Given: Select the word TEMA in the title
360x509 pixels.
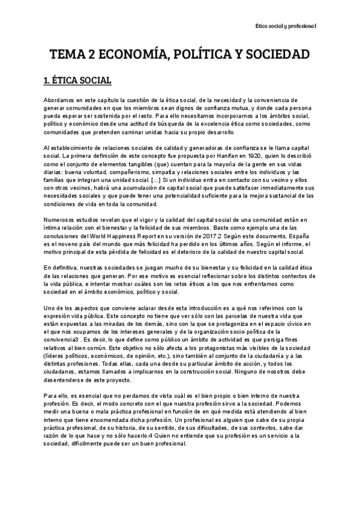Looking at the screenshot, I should click(x=67, y=55).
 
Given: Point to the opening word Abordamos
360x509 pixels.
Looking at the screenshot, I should click(x=61, y=98).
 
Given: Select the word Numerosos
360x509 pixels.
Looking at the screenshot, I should click(x=62, y=220).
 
